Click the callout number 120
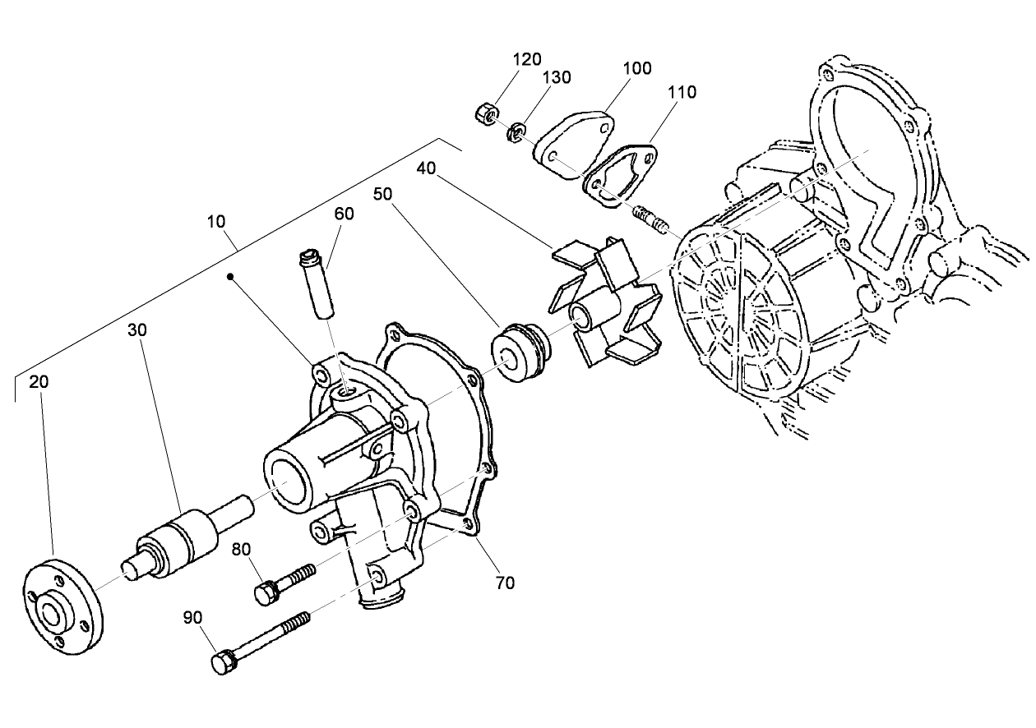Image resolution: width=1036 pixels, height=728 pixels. click(528, 59)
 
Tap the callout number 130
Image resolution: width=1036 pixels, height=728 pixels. click(557, 77)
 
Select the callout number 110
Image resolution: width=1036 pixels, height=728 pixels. click(682, 92)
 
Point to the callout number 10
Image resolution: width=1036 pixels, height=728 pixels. click(216, 222)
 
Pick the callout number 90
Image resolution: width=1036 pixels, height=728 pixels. click(192, 617)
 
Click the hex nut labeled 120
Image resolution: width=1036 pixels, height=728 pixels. click(484, 113)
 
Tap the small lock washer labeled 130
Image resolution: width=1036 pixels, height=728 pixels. click(517, 131)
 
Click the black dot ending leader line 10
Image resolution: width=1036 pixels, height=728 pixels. click(234, 278)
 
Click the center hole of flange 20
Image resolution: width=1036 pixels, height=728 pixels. click(53, 615)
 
